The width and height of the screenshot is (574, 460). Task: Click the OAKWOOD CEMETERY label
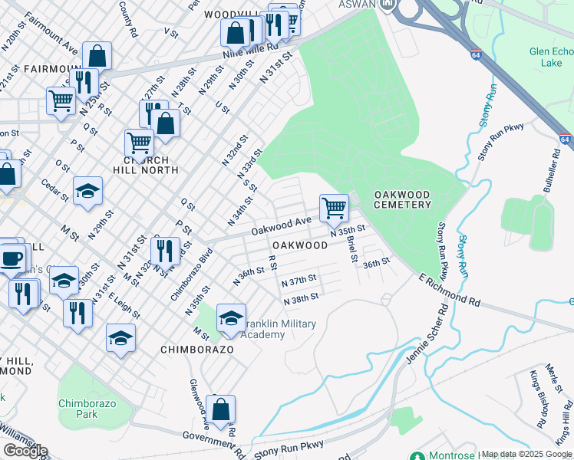[402, 199]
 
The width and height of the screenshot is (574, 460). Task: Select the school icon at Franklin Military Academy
[231, 318]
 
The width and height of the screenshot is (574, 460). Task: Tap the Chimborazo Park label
[78, 408]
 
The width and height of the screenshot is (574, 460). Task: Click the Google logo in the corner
[25, 450]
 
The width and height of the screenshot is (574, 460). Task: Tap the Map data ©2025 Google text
[526, 455]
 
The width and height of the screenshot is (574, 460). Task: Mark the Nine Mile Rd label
[227, 56]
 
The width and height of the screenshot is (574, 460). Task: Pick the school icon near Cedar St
[87, 192]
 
